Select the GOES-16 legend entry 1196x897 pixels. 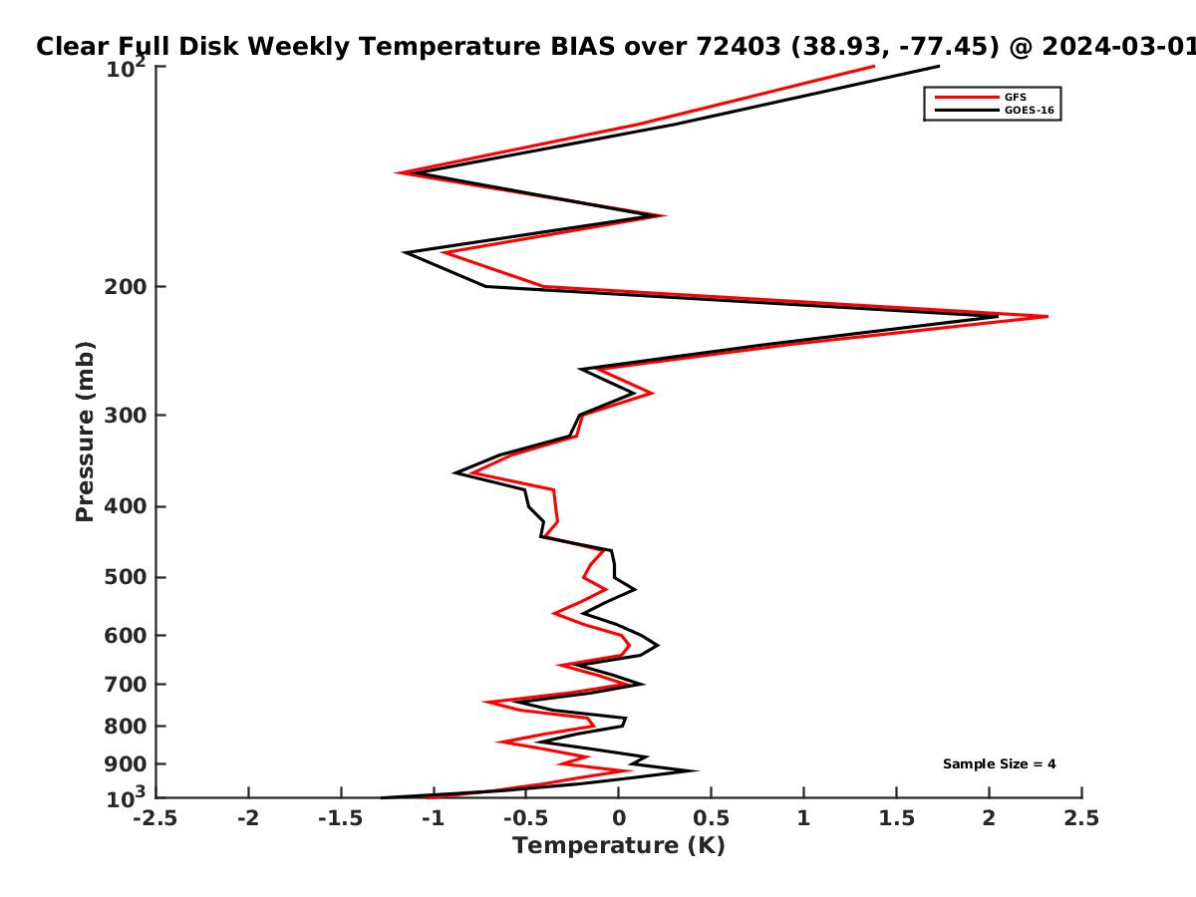[x=995, y=110]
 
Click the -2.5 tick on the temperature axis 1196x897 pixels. [x=155, y=818]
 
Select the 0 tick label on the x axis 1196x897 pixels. [x=619, y=818]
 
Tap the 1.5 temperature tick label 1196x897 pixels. [x=896, y=818]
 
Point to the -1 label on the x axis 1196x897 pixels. [x=434, y=818]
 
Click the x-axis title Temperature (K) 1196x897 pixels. [x=619, y=845]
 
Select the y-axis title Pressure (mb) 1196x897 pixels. [x=85, y=432]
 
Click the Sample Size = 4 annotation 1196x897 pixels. [x=1000, y=763]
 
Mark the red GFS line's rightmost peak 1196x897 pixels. [x=1047, y=316]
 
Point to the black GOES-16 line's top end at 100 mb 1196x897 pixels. [x=939, y=67]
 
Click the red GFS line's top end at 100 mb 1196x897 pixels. [x=874, y=67]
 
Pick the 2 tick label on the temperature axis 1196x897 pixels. [x=989, y=818]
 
